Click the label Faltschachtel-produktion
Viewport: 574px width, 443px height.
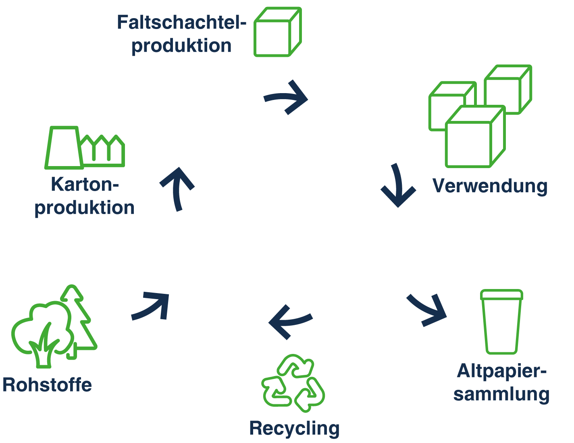click(x=181, y=34)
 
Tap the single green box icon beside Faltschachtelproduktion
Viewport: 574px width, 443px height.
click(x=277, y=32)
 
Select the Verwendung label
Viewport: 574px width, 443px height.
click(x=490, y=186)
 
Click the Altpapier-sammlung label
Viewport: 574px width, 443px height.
click(x=501, y=382)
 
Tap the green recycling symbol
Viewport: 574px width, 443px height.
click(x=293, y=383)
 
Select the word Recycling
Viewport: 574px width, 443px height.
click(x=294, y=428)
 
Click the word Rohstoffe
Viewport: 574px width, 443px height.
click(x=47, y=385)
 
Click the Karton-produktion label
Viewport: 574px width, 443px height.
click(x=84, y=196)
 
